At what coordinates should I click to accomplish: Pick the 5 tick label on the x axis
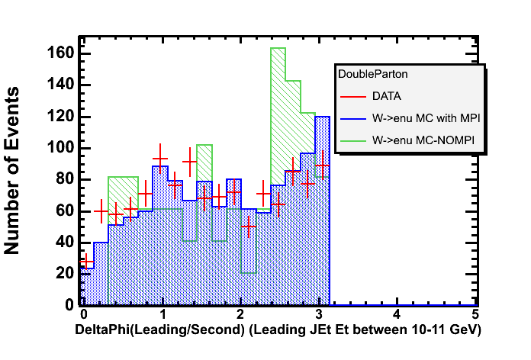coord(475,313)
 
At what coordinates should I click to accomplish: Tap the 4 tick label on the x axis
coord(396,313)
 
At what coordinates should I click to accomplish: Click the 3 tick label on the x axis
coord(317,313)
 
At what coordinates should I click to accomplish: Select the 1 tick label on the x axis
coord(161,313)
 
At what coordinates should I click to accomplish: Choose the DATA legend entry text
coord(387,96)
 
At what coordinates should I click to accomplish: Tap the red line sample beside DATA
coord(352,96)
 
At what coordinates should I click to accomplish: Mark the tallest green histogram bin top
coord(278,48)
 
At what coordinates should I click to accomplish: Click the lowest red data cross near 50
coord(247,227)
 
